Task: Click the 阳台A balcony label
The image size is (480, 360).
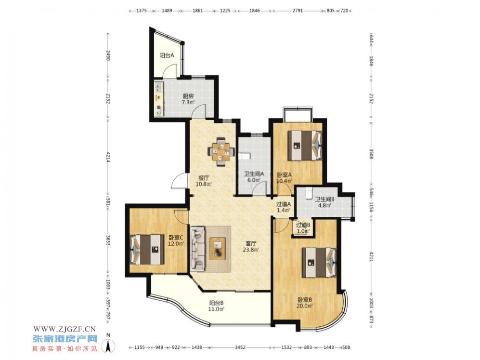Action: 167,55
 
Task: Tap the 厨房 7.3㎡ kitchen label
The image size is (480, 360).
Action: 188,99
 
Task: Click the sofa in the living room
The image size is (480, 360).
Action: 198,249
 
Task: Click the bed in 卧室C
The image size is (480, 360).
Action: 147,249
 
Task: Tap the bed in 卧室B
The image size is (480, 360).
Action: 319,263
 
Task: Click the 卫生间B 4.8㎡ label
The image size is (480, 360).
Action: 324,202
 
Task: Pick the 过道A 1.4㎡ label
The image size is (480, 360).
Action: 283,207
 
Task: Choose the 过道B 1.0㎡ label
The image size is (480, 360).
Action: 303,227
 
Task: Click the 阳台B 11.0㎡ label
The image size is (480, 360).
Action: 216,306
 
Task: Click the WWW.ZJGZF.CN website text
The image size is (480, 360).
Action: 65,329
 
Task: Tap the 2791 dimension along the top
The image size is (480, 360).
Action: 298,11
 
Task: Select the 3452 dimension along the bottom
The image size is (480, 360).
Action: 240,347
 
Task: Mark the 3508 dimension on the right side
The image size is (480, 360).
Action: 371,154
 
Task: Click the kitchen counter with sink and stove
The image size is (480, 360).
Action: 159,98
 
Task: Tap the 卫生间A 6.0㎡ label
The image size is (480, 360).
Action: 254,177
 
